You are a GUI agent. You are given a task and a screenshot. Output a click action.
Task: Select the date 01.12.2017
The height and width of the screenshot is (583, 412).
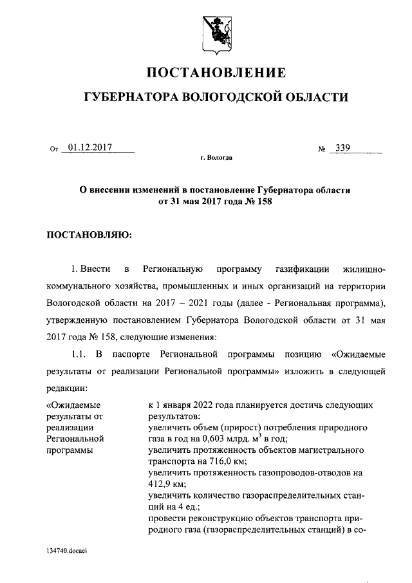point(89,148)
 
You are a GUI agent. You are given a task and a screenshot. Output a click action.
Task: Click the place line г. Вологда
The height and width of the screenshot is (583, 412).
point(216,158)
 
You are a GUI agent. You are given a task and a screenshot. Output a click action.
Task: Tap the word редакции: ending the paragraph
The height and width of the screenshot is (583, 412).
point(68,388)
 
